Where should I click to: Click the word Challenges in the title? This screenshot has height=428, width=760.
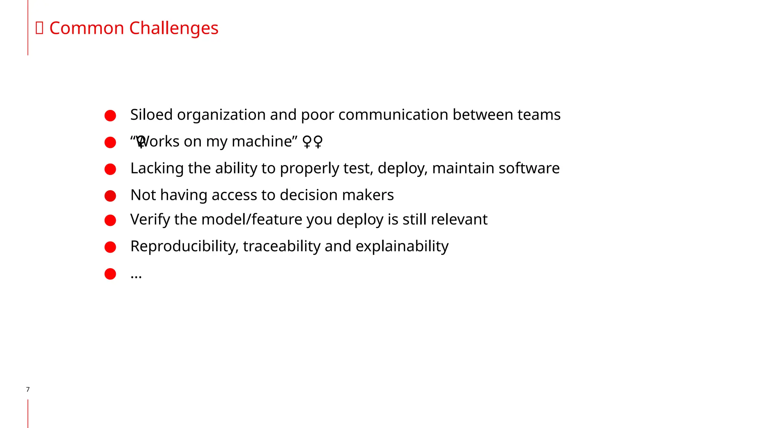tap(174, 28)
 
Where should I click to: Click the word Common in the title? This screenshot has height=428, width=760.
tap(86, 28)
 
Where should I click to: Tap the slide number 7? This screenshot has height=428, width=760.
tap(28, 389)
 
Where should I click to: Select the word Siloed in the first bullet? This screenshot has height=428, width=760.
tap(151, 115)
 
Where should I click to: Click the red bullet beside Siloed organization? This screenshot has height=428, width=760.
tap(110, 116)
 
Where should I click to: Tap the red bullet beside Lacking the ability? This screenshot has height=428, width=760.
tap(110, 169)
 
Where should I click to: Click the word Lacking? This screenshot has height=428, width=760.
tap(157, 168)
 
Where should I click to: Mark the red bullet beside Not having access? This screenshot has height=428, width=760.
tap(110, 196)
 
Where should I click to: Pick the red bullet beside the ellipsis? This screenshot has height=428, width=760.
tap(110, 274)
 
